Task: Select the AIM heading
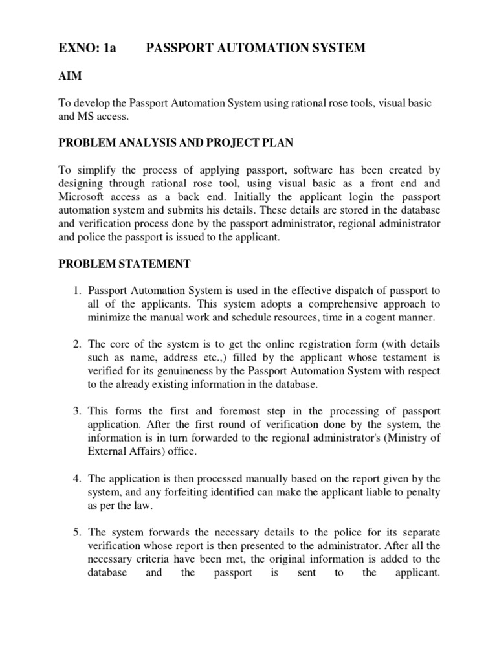(70, 76)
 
